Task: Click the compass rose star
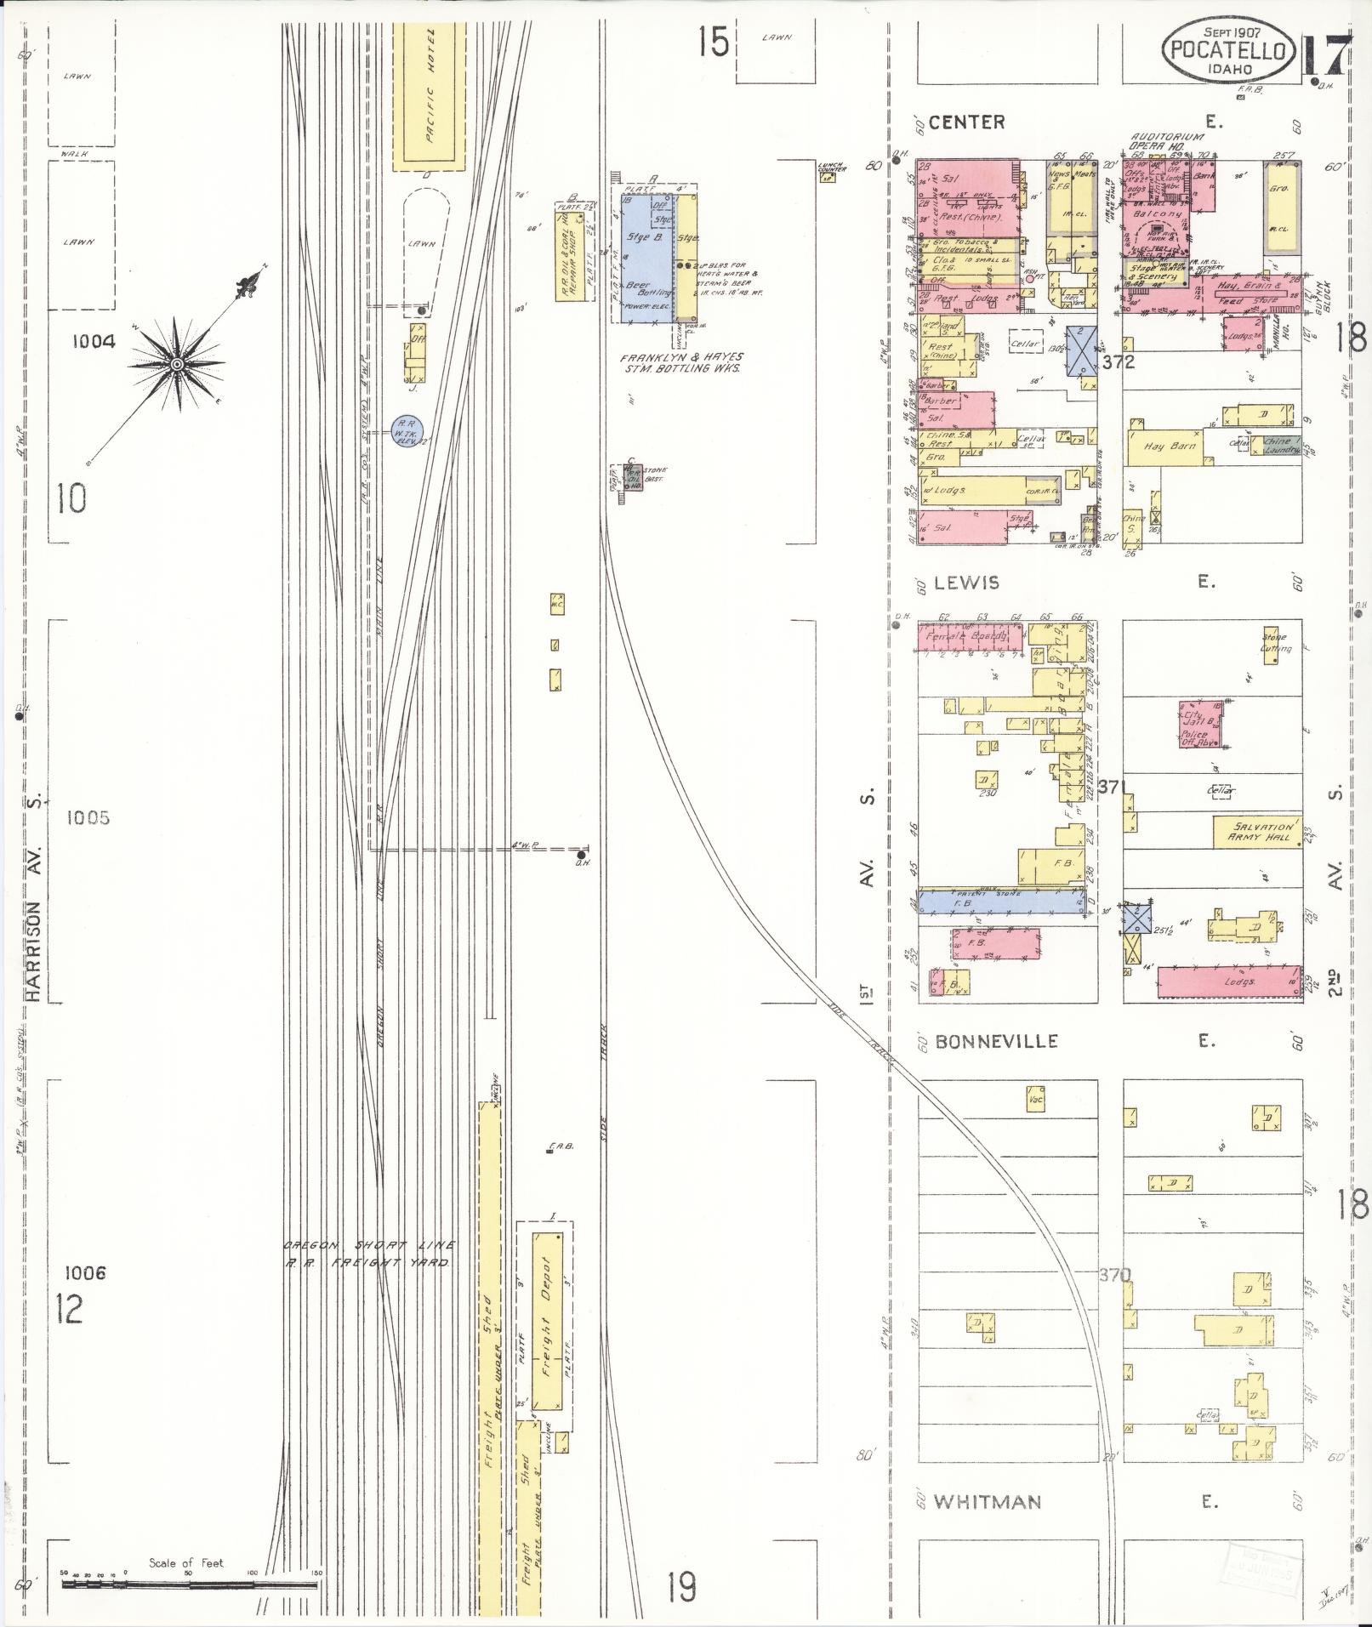coord(177,364)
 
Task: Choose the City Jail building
coord(1201,724)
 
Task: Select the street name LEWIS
coord(965,583)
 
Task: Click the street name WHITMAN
coord(987,1502)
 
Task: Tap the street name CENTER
coord(966,122)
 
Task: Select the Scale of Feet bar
coord(189,1584)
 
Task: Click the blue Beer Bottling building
coord(646,258)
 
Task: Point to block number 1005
coord(88,818)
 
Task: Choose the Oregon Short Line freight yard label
coord(367,1254)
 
